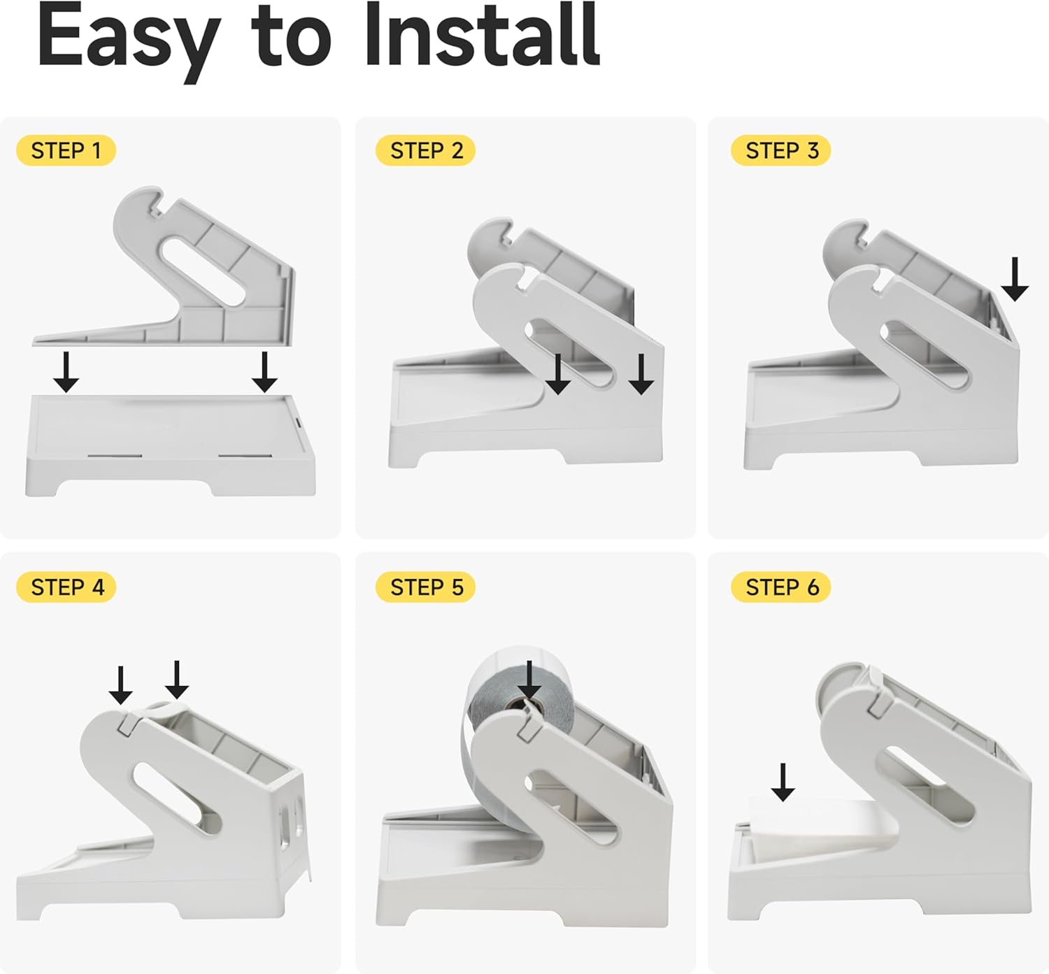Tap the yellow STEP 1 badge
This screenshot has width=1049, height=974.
pyautogui.click(x=66, y=150)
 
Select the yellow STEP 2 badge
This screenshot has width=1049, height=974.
pyautogui.click(x=425, y=150)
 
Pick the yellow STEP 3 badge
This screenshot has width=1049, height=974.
pyautogui.click(x=780, y=150)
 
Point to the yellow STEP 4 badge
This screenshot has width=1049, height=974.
pyautogui.click(x=66, y=587)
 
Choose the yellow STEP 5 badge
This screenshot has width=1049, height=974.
pyautogui.click(x=425, y=587)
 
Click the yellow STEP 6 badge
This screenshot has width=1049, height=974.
pyautogui.click(x=780, y=587)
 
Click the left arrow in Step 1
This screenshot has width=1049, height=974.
pyautogui.click(x=66, y=372)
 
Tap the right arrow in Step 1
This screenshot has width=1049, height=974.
pyautogui.click(x=264, y=372)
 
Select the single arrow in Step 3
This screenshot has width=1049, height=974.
pyautogui.click(x=1015, y=280)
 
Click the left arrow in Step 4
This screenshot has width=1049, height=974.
pyautogui.click(x=121, y=685)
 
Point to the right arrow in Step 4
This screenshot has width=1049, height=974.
pyautogui.click(x=177, y=680)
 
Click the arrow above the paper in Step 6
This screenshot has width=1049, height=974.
pyautogui.click(x=783, y=782)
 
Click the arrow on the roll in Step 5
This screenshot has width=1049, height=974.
pyautogui.click(x=529, y=680)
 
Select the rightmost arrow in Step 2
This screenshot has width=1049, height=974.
pyautogui.click(x=641, y=375)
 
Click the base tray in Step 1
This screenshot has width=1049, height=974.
pyautogui.click(x=170, y=445)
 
